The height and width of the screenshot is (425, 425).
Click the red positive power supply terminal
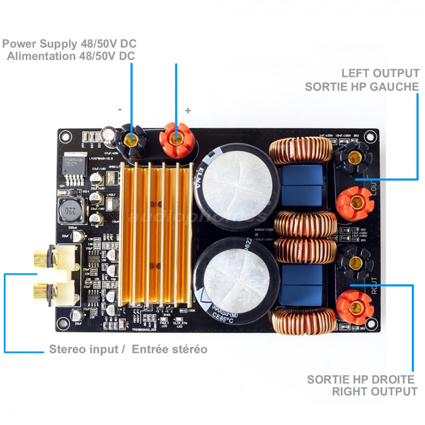coord(177,139)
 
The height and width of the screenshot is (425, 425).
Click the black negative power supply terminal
coord(132,139)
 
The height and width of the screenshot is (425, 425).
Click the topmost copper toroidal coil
coord(301,151)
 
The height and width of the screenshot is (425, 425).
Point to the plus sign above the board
coord(188,110)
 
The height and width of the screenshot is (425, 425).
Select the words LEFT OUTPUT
coord(380,73)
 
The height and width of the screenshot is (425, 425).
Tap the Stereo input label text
coord(86,349)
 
